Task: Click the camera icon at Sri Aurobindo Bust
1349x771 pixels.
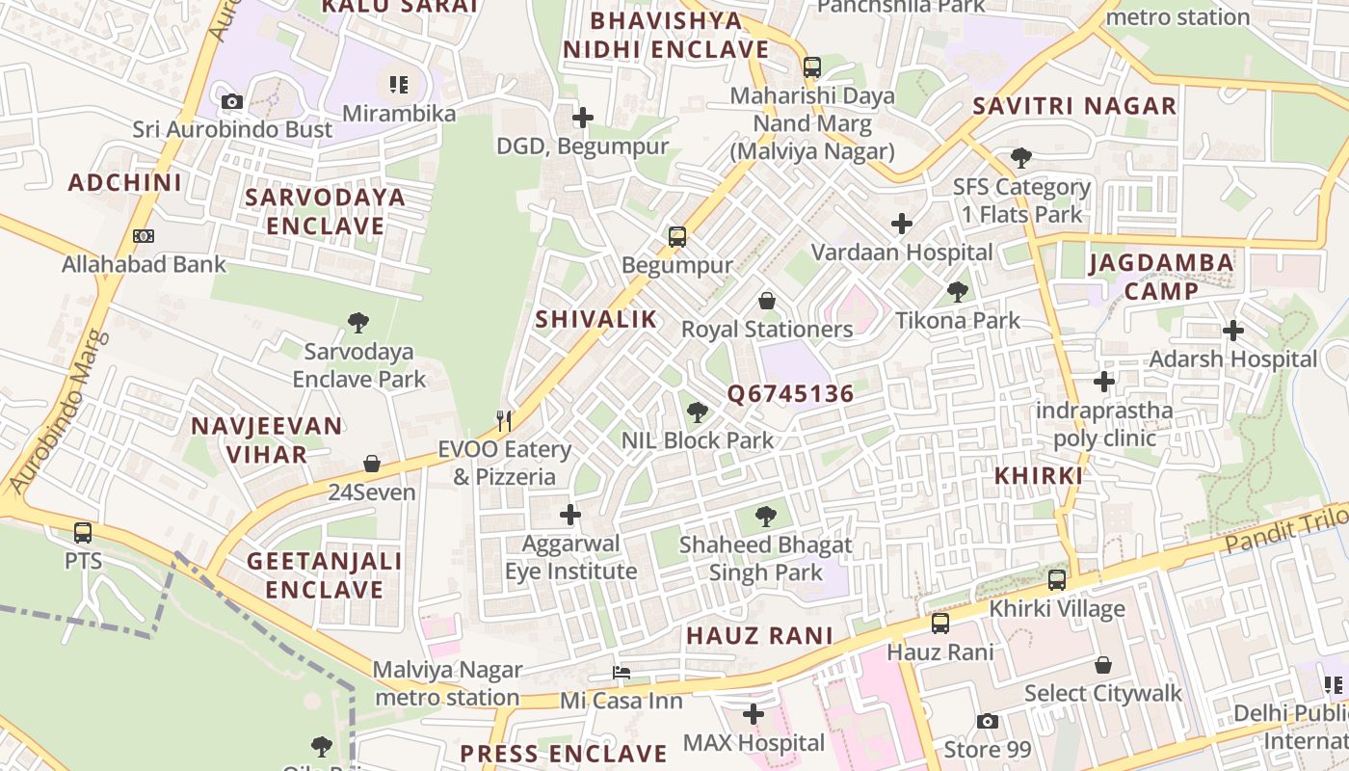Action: point(231,101)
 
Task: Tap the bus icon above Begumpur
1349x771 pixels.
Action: point(677,236)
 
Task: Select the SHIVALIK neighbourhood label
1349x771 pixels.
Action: point(595,320)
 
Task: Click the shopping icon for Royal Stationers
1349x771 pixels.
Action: point(767,301)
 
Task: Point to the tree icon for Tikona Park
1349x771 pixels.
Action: point(957,291)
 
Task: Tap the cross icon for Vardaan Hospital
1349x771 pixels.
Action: point(902,224)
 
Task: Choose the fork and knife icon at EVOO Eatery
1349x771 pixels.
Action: point(503,420)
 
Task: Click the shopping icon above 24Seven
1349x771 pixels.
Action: point(372,464)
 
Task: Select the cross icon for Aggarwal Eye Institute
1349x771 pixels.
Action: point(570,515)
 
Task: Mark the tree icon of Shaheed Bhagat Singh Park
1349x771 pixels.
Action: point(766,516)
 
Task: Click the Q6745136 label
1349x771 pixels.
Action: point(790,394)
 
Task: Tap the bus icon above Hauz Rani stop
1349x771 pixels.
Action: point(940,623)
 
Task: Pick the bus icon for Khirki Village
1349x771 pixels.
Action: point(1057,580)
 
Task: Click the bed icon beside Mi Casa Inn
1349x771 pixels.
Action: point(622,672)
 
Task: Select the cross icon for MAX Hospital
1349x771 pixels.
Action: point(754,714)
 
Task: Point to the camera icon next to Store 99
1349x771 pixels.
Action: point(987,721)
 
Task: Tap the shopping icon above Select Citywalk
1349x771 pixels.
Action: point(1103,665)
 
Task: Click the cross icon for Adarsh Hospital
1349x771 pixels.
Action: point(1233,331)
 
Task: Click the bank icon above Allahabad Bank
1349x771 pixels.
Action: point(144,235)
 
